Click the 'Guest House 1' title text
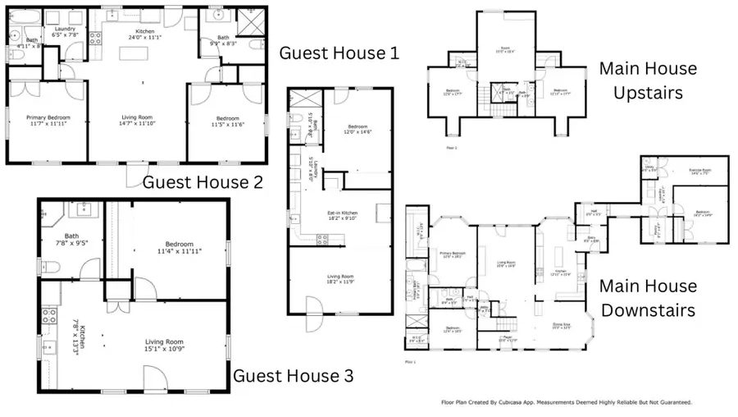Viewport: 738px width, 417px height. (x=339, y=53)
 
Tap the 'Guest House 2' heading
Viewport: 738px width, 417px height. (x=203, y=182)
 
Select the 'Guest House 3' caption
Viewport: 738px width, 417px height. (x=294, y=376)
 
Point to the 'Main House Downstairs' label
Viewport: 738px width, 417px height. (x=648, y=298)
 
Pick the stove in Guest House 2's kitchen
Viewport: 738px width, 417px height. (x=94, y=37)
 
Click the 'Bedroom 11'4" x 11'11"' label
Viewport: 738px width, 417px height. (x=178, y=247)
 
